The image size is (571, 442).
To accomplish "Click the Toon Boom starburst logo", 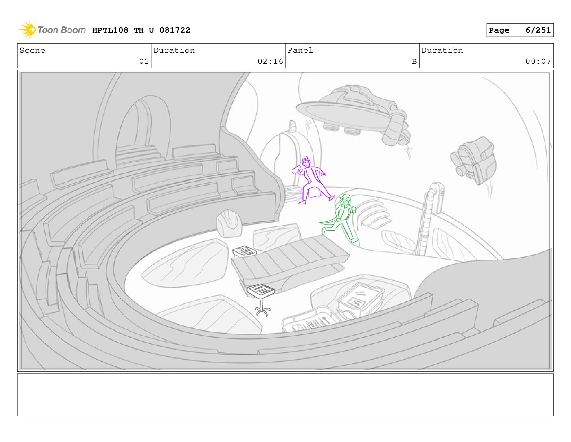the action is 27,30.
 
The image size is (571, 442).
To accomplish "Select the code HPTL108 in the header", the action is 110,30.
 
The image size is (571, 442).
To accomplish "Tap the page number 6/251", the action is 538,30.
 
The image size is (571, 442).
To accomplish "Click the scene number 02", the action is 144,61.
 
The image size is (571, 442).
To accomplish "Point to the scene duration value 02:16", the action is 270,61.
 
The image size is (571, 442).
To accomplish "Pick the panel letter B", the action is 414,61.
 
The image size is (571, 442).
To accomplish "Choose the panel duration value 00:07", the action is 538,61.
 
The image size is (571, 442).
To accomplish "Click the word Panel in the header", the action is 300,50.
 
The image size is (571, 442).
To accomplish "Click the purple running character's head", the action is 306,161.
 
